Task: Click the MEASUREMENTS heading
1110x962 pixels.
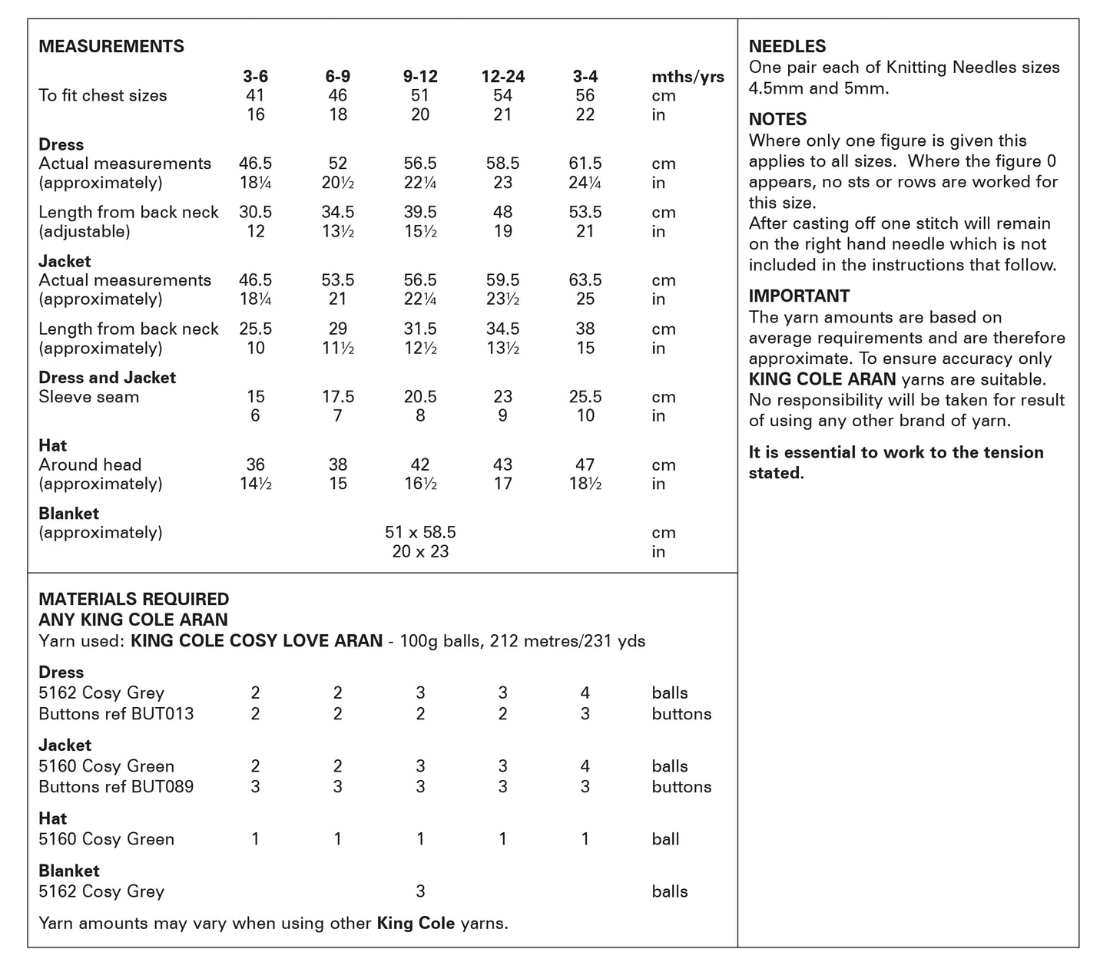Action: [111, 46]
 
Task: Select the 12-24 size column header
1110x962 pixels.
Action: [503, 76]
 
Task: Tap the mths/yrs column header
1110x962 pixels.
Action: [688, 76]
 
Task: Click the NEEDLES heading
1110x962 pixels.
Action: [787, 46]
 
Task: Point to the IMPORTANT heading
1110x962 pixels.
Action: [799, 296]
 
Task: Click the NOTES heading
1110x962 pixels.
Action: [777, 119]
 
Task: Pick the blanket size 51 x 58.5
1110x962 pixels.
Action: [420, 532]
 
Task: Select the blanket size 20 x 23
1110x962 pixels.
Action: [420, 551]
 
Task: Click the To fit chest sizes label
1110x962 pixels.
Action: [102, 95]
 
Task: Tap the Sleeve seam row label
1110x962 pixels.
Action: [89, 397]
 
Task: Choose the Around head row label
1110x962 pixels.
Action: [90, 464]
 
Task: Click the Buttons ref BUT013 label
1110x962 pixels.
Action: [116, 713]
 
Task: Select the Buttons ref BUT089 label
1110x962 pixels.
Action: [116, 786]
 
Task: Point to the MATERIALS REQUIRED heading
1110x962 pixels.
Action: [134, 599]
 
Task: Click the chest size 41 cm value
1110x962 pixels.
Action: [255, 95]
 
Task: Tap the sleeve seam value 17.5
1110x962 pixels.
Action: [338, 397]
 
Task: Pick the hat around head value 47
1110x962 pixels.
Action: [585, 464]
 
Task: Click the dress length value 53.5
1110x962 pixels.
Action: [585, 212]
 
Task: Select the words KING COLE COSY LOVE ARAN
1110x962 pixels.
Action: [257, 640]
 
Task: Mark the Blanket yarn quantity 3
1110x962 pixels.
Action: [420, 891]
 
